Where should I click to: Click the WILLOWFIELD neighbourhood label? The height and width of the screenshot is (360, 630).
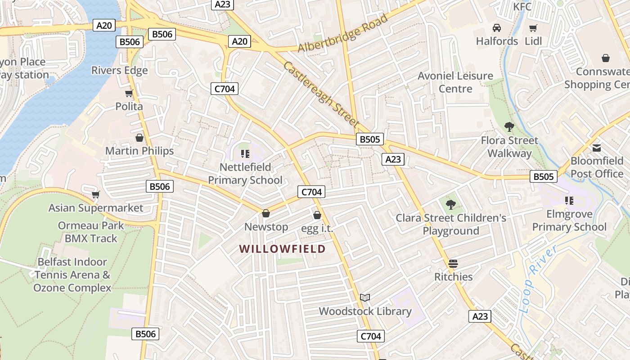[282, 249]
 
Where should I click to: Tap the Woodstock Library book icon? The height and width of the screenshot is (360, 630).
[365, 298]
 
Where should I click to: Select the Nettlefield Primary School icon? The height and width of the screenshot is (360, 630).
[245, 154]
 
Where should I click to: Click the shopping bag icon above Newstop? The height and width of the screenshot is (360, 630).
[266, 213]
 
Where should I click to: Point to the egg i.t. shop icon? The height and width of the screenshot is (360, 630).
[317, 215]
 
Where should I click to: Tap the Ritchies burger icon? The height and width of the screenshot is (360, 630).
[453, 263]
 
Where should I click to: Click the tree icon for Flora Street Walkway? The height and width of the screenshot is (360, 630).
[509, 127]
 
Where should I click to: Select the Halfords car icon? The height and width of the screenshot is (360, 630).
[497, 28]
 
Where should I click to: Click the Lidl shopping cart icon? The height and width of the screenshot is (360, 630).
[533, 28]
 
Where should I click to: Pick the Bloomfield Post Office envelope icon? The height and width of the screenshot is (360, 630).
[597, 148]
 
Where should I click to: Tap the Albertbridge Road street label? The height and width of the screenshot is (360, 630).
[343, 34]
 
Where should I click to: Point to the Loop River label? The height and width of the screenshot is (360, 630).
[537, 279]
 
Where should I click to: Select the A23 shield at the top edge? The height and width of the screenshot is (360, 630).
[223, 4]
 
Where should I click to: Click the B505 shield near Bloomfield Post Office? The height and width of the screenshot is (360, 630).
[544, 176]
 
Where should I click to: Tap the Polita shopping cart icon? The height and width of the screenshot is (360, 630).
[129, 94]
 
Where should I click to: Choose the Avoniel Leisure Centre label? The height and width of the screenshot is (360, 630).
[455, 82]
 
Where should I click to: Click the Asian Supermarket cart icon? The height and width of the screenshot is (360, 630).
[95, 195]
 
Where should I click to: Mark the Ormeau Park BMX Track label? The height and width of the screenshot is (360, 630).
[91, 232]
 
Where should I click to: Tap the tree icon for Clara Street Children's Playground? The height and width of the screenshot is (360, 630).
[451, 205]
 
